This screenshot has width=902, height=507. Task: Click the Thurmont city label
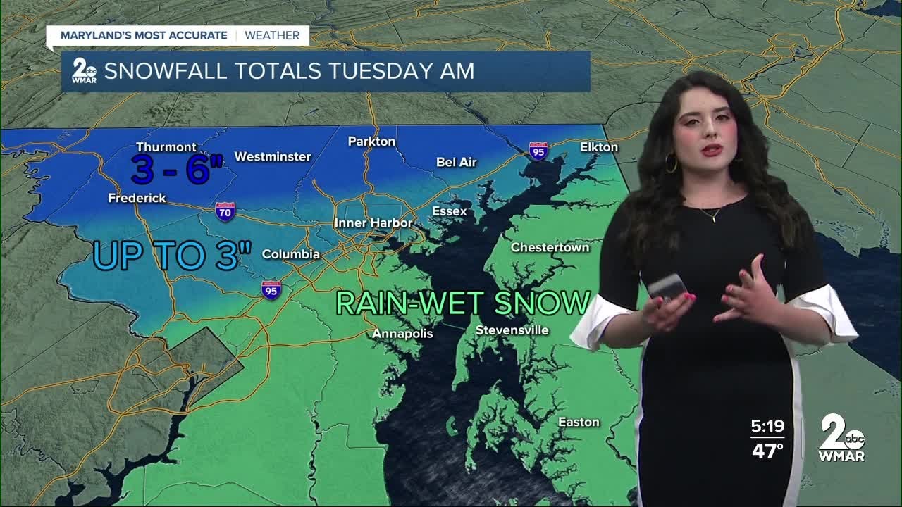(166, 147)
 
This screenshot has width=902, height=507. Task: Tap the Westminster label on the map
(272, 156)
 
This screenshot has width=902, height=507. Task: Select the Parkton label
(371, 142)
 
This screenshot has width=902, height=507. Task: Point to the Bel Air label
(457, 162)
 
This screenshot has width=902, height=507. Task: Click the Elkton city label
(598, 147)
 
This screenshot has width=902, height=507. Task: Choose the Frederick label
(137, 199)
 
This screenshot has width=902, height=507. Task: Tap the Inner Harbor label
(373, 223)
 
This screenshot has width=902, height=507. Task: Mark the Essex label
(449, 211)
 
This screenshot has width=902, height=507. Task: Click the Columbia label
(291, 254)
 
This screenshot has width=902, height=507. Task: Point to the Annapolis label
(402, 333)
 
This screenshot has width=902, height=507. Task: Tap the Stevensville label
(512, 330)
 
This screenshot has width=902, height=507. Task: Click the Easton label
(579, 422)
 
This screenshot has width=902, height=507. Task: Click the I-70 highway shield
(225, 211)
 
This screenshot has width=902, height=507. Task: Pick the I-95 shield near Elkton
(538, 151)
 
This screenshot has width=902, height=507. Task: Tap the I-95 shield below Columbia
(271, 290)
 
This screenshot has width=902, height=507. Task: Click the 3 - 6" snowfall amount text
(177, 170)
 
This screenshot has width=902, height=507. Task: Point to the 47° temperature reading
(767, 451)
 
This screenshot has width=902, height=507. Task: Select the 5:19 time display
(767, 426)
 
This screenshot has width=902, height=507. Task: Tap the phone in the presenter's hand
(667, 286)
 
